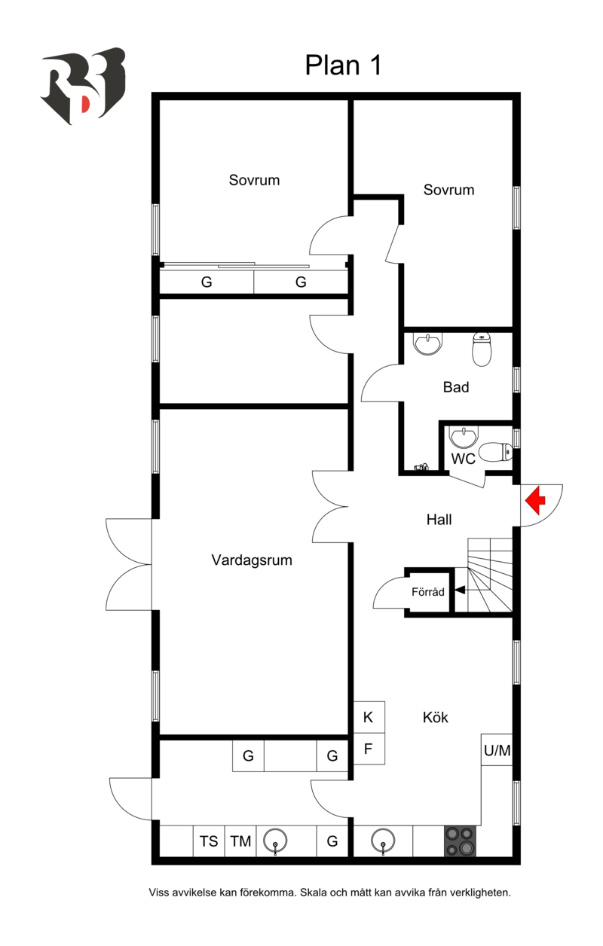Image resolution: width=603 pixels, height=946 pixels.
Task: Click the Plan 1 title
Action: [343, 66]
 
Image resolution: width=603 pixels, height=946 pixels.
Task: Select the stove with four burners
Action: [460, 841]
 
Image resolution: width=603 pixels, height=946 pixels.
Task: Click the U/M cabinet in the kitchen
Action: [497, 750]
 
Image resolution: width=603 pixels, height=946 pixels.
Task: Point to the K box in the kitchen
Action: [369, 717]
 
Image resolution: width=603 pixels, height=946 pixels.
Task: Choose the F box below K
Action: [369, 749]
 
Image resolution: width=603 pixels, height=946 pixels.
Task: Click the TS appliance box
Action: [209, 841]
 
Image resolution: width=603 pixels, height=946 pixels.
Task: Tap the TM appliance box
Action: [240, 841]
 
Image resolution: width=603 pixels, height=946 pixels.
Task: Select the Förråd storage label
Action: [428, 592]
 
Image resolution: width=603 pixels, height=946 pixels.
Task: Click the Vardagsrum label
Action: [252, 560]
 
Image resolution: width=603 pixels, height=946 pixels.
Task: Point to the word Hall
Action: [439, 520]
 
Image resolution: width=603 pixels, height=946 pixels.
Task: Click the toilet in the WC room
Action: [495, 453]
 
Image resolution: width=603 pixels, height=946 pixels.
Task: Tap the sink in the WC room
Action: [463, 437]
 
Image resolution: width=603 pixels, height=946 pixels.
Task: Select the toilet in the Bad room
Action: [482, 349]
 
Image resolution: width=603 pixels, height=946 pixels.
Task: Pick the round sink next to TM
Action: [276, 841]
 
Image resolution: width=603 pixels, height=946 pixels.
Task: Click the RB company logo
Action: [82, 85]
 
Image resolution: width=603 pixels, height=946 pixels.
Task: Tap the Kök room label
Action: [436, 718]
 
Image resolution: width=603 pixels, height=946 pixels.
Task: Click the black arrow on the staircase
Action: [459, 592]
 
